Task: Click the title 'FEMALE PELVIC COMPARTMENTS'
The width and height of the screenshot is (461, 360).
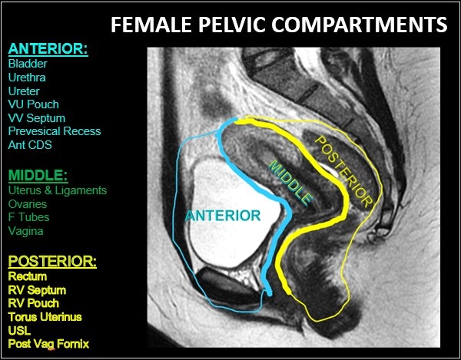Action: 278,25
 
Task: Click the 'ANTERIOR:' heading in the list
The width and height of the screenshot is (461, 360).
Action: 48,50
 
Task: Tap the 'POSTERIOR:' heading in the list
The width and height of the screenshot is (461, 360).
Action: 52,261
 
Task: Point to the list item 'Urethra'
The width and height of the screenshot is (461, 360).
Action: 26,78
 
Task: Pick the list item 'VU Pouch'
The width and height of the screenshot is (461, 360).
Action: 33,104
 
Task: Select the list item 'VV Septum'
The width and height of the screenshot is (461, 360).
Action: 36,117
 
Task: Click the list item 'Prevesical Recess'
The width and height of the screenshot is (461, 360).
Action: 54,131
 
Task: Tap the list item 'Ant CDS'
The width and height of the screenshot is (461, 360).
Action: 30,144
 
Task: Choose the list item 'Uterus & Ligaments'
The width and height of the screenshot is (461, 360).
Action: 58,190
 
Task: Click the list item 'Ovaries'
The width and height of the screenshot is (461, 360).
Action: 28,204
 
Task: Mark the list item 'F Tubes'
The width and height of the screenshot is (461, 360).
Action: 28,217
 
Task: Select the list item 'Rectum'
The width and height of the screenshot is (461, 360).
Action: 28,276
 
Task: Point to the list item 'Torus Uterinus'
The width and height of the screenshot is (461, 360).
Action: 44,316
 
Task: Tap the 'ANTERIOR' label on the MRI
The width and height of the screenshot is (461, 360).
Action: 223,216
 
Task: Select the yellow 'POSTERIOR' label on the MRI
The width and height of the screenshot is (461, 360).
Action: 344,170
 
